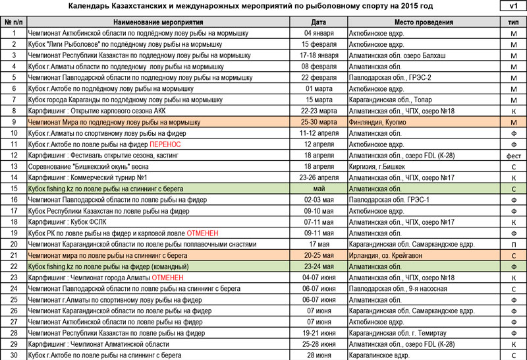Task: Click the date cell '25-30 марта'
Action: click(x=318, y=122)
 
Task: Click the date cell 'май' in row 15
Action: click(x=318, y=189)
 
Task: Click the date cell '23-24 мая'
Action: click(x=318, y=266)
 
